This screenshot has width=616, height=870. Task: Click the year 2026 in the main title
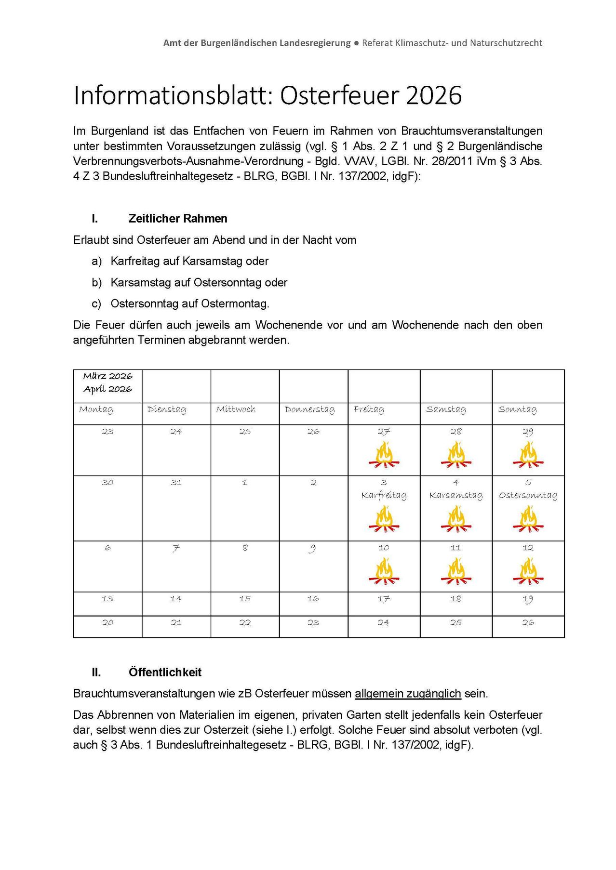[x=434, y=95]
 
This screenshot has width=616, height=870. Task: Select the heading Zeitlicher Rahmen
[x=177, y=219]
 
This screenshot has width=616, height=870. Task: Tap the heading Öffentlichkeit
[x=165, y=672]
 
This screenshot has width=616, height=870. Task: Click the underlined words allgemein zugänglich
[x=408, y=694]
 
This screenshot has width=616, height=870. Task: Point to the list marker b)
[x=96, y=283]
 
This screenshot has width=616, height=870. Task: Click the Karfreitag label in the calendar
[x=384, y=495]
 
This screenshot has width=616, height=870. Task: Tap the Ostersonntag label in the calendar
[x=528, y=495]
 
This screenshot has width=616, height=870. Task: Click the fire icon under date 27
[x=384, y=456]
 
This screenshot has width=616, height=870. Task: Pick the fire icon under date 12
[x=528, y=571]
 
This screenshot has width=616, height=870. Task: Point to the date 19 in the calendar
[x=528, y=599]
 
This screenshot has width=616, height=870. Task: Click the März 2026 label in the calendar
[x=107, y=376]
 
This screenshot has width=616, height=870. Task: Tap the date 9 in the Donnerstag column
[x=313, y=548]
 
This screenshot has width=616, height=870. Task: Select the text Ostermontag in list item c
[x=234, y=304]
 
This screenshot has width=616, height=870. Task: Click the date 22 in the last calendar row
[x=245, y=623]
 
